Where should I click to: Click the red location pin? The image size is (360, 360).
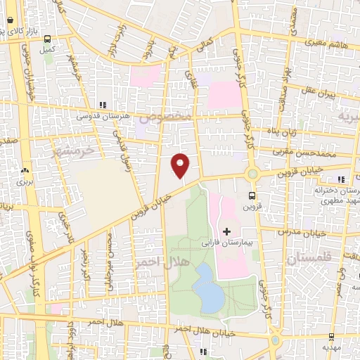click(x=180, y=165)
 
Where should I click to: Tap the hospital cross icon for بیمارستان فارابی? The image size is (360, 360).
click(x=226, y=231)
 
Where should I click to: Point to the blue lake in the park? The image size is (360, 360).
click(x=208, y=287)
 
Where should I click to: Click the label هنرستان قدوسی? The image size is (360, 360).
click(x=103, y=115)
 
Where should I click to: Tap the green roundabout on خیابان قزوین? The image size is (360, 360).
click(x=252, y=174)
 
